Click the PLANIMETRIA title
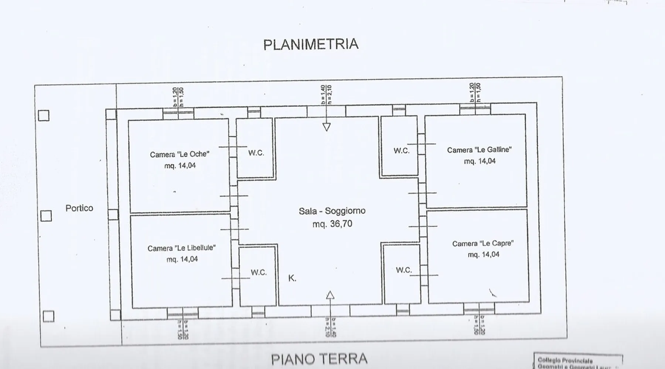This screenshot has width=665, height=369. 311,44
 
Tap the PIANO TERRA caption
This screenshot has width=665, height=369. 319,359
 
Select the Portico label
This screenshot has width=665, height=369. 79,208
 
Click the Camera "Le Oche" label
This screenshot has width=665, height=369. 180,154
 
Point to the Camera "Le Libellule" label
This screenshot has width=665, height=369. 181,248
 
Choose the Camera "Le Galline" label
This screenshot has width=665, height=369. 479,150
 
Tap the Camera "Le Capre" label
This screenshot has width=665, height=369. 483,244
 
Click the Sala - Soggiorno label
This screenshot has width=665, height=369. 332,211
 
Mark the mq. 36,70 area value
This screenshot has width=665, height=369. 332,224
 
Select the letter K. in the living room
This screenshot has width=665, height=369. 292,278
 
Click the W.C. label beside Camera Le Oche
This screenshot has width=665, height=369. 256,153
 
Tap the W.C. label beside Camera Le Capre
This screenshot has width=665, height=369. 404,270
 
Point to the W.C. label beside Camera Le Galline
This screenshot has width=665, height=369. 402,151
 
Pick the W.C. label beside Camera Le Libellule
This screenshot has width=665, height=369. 259,273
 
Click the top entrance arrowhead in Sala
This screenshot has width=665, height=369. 327,127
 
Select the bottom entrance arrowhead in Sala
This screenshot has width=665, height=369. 330,295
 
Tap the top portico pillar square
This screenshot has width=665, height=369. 44,115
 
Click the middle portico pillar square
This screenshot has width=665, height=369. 46,216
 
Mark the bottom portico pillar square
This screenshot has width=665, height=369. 48,316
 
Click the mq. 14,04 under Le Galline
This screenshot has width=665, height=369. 480,161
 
